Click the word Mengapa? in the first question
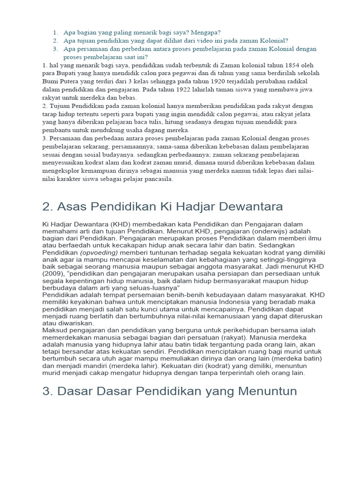(x=205, y=32)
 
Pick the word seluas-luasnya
(x=149, y=287)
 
